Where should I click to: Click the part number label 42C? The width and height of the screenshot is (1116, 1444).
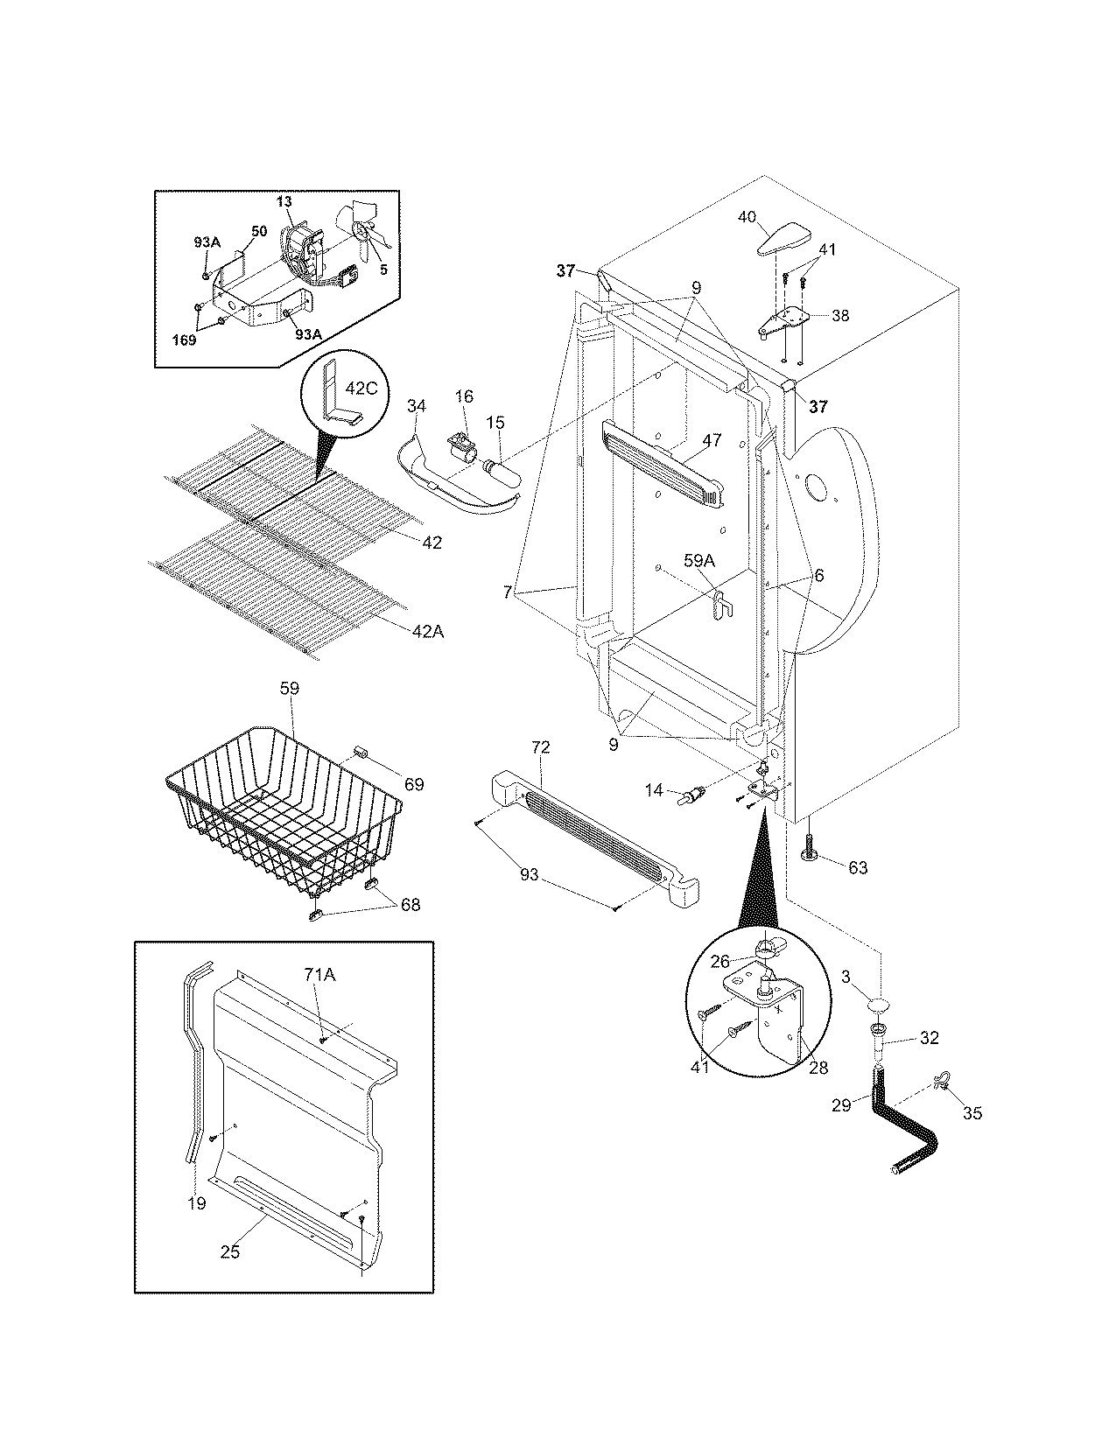click(359, 389)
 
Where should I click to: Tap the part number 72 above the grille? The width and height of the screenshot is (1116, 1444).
click(540, 747)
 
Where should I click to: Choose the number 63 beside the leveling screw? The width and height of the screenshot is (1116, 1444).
click(858, 867)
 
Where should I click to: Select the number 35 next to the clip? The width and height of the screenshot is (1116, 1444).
click(972, 1113)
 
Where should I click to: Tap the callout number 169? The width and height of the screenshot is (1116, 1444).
click(183, 340)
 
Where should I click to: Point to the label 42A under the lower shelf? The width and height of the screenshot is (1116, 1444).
click(427, 630)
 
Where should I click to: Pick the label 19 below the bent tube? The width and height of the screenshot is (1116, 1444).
click(197, 1203)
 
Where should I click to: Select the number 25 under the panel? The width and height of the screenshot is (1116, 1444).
click(229, 1252)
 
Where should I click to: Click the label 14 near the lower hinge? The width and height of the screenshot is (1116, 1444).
click(654, 789)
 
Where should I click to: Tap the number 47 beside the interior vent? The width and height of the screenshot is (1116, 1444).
click(712, 440)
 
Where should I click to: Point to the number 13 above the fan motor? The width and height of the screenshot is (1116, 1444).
click(284, 201)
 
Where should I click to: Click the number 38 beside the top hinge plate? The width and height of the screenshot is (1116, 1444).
click(839, 316)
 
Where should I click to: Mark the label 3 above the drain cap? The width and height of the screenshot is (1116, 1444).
click(846, 976)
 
